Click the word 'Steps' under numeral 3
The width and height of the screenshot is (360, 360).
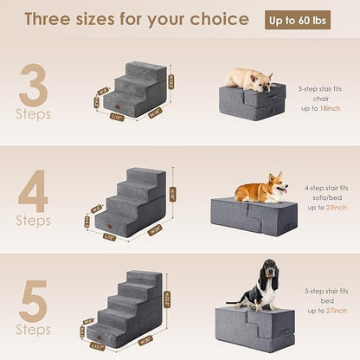pyautogui.click(x=34, y=114)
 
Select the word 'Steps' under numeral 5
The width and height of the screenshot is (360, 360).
pyautogui.click(x=32, y=330)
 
